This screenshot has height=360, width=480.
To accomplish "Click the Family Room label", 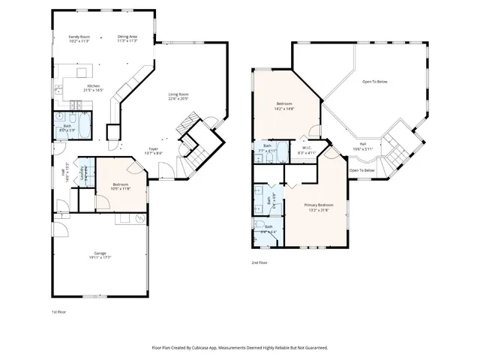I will (x=79, y=38).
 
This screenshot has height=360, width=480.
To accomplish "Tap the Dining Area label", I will (x=127, y=38).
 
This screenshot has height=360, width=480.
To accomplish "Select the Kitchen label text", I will (x=94, y=88).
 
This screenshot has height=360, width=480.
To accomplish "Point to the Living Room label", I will (x=178, y=96).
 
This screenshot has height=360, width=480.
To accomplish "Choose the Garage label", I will (x=100, y=256).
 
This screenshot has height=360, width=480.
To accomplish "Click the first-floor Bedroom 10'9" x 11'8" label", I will (x=121, y=187).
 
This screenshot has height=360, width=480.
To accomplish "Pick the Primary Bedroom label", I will (x=319, y=207).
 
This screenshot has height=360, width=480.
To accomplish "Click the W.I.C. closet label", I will (x=307, y=150).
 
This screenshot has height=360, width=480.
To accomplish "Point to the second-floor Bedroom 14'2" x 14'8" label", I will (x=284, y=106).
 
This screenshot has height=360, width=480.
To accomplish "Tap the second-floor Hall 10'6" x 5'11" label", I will (x=363, y=145).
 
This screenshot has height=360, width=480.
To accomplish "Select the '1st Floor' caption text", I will (x=58, y=310).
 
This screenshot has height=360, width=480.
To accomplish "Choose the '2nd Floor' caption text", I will (x=259, y=262).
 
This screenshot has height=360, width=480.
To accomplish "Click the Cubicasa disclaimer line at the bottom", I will (x=240, y=348).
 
